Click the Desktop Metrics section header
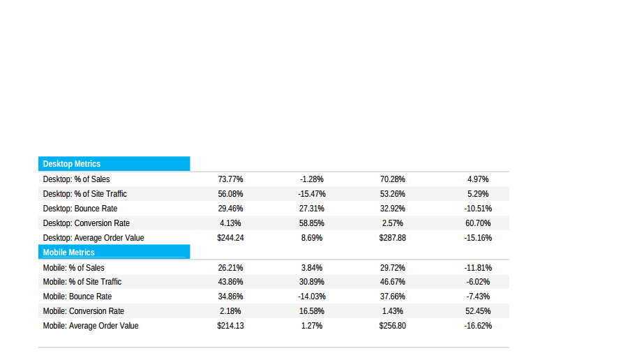pyautogui.click(x=72, y=164)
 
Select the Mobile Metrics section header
pyautogui.click(x=69, y=253)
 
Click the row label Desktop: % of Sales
pyautogui.click(x=76, y=179)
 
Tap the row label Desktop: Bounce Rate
pyautogui.click(x=80, y=209)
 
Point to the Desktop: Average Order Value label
pyautogui.click(x=93, y=238)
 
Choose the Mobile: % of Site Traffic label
pyautogui.click(x=82, y=282)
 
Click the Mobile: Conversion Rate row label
pyautogui.click(x=84, y=311)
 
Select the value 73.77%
pyautogui.click(x=230, y=179)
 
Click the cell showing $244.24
pyautogui.click(x=230, y=238)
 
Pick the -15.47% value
pyautogui.click(x=312, y=194)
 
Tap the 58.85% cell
pyautogui.click(x=312, y=223)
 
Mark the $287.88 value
pyautogui.click(x=392, y=238)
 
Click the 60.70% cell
pyautogui.click(x=478, y=223)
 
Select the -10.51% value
pyautogui.click(x=478, y=209)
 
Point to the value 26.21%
pyautogui.click(x=230, y=267)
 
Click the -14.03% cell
pyautogui.click(x=312, y=297)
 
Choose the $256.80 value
pyautogui.click(x=392, y=326)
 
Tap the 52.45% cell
pyautogui.click(x=478, y=311)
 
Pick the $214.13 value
pyautogui.click(x=230, y=326)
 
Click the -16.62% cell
pyautogui.click(x=478, y=326)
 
